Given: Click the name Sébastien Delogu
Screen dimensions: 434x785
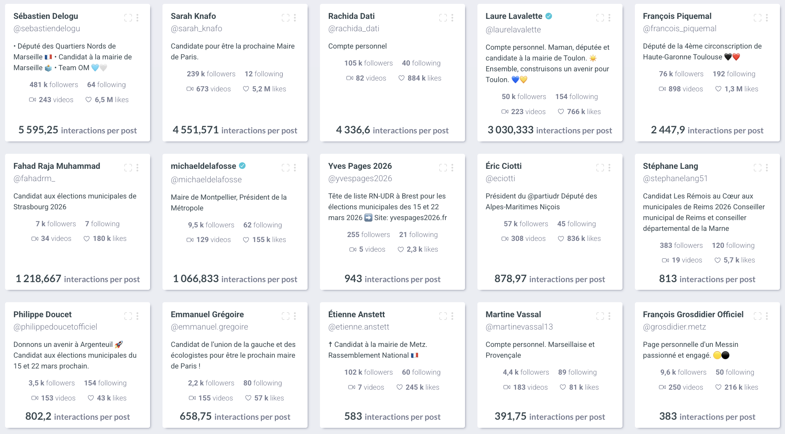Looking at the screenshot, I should (46, 16).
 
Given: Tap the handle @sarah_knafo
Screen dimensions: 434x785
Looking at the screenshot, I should (196, 29).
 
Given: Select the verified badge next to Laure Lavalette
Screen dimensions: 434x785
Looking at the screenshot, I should (549, 16).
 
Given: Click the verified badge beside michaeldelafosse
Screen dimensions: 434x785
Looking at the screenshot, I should (242, 166).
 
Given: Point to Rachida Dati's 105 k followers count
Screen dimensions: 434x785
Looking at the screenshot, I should (368, 63).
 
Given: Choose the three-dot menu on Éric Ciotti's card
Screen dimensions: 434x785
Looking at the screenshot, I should (609, 168).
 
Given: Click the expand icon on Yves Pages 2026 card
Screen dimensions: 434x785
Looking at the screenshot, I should (443, 168).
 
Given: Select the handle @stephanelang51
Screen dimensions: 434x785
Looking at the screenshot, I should (675, 178).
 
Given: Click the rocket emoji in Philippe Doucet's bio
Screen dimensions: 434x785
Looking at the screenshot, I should (119, 345).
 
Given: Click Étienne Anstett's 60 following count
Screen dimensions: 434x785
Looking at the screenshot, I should (421, 372).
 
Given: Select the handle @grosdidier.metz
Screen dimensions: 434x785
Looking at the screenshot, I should (674, 327).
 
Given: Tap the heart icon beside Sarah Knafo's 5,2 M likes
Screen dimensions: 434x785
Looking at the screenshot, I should (246, 89).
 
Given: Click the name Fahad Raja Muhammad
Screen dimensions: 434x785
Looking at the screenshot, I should (57, 166).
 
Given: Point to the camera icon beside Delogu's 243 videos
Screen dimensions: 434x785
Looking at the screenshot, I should (32, 100).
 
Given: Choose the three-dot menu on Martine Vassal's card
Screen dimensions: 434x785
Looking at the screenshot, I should (609, 316).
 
